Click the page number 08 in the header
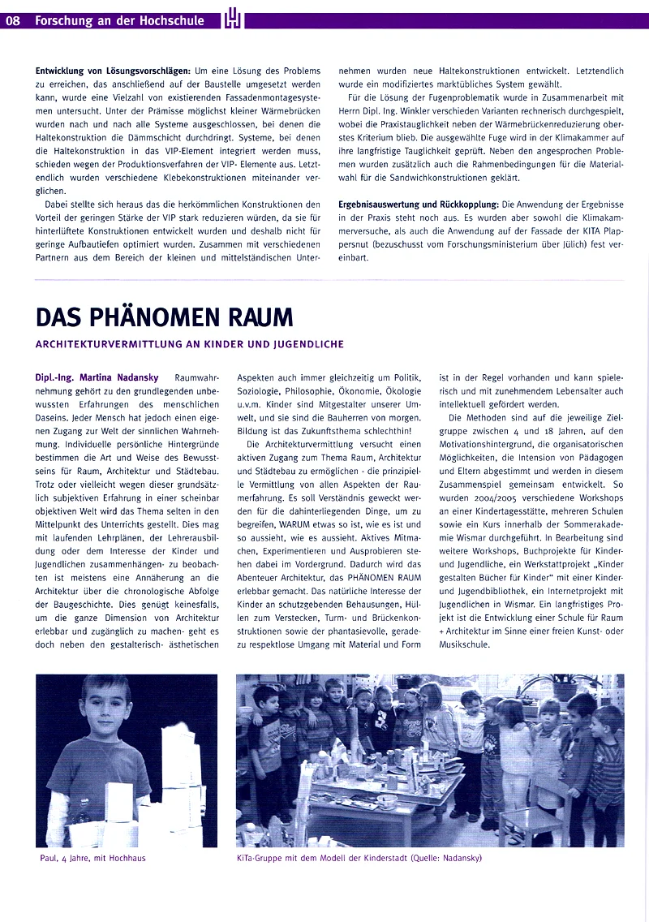[x=13, y=21]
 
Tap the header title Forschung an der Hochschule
[x=119, y=21]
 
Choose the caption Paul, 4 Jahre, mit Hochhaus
[x=92, y=857]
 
